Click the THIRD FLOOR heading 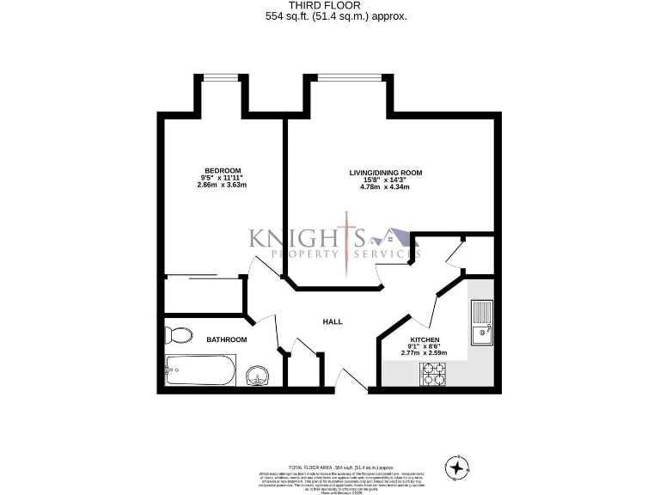[330, 5]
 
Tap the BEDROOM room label [222, 170]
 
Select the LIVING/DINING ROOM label [386, 173]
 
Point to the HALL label [333, 322]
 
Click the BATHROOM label [227, 340]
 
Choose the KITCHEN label [425, 340]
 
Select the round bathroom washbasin [257, 376]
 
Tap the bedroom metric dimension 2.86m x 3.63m [222, 185]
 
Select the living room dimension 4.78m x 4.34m [386, 187]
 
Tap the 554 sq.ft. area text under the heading [330, 16]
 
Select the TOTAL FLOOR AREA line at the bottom [330, 464]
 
